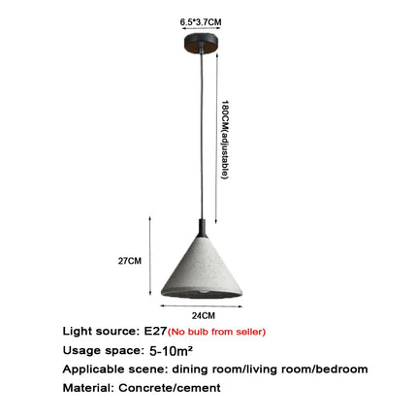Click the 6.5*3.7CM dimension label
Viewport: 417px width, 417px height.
201,22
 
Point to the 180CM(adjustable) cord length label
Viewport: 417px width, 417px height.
225,140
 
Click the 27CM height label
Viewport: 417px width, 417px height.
130,261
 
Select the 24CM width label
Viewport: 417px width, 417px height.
204,315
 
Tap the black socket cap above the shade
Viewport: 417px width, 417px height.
202,228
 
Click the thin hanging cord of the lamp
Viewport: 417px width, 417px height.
202,136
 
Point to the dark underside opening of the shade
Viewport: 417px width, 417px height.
202,293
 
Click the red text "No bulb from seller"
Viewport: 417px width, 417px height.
216,332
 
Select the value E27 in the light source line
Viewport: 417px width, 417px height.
155,331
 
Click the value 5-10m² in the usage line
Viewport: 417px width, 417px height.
171,350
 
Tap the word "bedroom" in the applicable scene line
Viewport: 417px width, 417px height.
341,369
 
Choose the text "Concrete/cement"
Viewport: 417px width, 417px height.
170,388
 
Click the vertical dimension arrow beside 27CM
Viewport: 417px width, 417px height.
149,256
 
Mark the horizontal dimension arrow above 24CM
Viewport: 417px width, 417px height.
202,305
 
